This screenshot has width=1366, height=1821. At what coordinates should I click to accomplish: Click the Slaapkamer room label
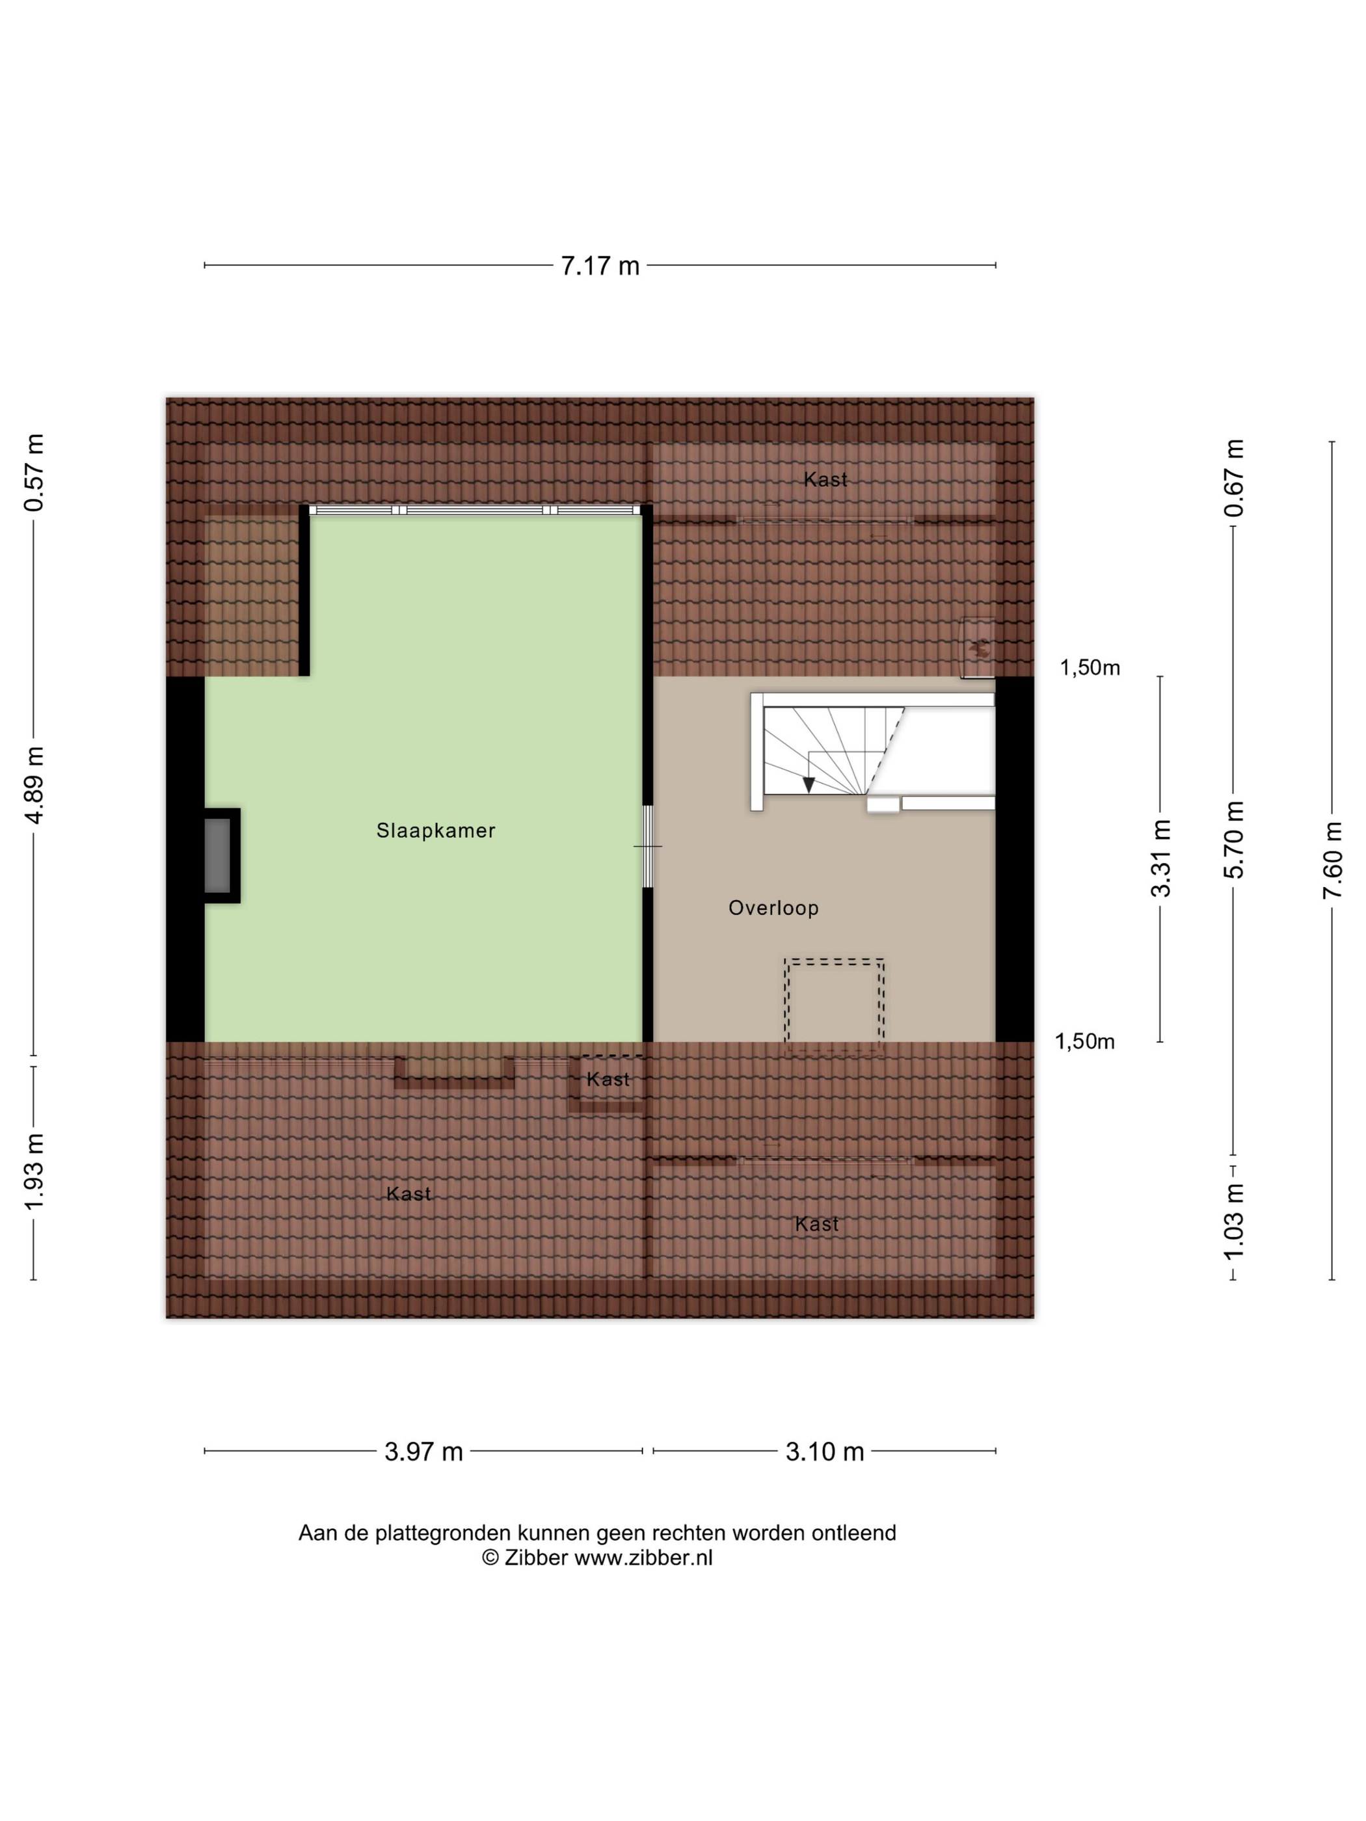click(436, 831)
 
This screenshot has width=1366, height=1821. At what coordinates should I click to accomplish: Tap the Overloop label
click(773, 908)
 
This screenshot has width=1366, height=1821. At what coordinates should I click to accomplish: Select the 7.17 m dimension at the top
click(600, 266)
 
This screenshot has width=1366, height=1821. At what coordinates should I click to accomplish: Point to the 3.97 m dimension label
click(424, 1452)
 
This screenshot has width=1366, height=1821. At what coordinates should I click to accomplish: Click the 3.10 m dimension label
click(824, 1452)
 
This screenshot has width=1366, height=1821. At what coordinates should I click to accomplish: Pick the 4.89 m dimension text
click(34, 784)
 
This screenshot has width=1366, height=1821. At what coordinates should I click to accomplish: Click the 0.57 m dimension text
click(34, 473)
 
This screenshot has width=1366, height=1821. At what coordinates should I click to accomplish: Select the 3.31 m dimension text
click(1161, 858)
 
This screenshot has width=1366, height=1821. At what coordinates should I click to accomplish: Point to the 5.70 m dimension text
click(1234, 839)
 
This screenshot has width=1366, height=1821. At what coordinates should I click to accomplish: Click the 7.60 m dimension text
click(1332, 860)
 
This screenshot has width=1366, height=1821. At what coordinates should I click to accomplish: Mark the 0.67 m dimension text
click(1234, 478)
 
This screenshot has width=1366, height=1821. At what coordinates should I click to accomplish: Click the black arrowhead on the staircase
click(809, 784)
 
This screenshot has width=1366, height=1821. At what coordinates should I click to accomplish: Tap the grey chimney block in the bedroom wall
click(217, 856)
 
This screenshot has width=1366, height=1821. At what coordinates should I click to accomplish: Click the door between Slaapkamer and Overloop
click(648, 846)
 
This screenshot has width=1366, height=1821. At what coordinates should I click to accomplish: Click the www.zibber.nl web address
click(643, 1558)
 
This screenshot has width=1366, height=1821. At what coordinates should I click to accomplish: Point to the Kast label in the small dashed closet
click(608, 1079)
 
